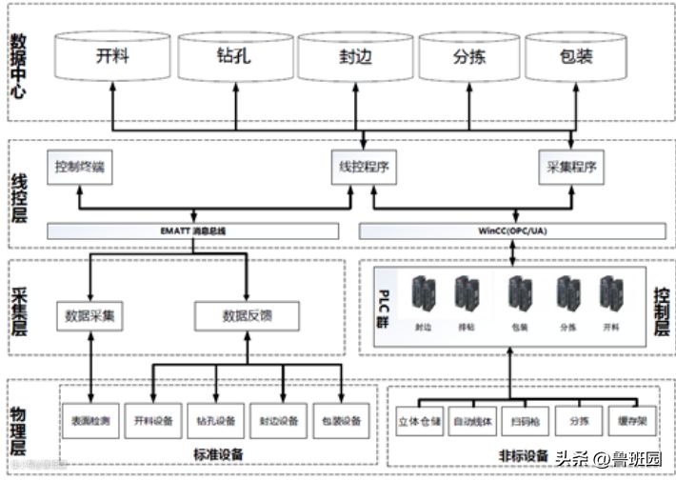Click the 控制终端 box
click(x=79, y=167)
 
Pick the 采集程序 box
click(x=571, y=167)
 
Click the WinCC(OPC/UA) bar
click(x=513, y=230)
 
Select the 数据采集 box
click(x=91, y=315)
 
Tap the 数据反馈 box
click(x=247, y=315)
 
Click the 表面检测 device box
click(x=90, y=419)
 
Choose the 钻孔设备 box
click(x=215, y=419)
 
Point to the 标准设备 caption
click(x=217, y=454)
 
